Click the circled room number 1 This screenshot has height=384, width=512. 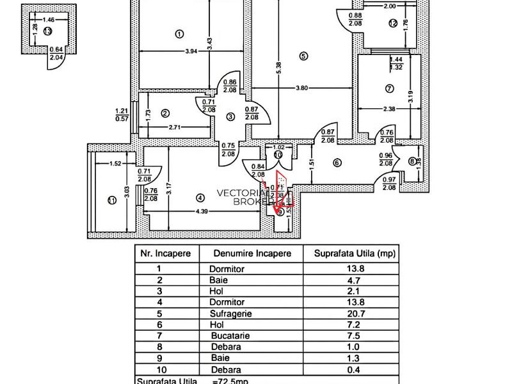click(179, 35)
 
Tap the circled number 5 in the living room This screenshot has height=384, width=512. click(303, 56)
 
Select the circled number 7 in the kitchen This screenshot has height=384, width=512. click(388, 88)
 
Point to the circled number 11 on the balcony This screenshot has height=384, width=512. click(111, 200)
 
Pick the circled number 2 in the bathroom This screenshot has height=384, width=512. click(165, 114)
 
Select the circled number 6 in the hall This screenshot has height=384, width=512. click(337, 163)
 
